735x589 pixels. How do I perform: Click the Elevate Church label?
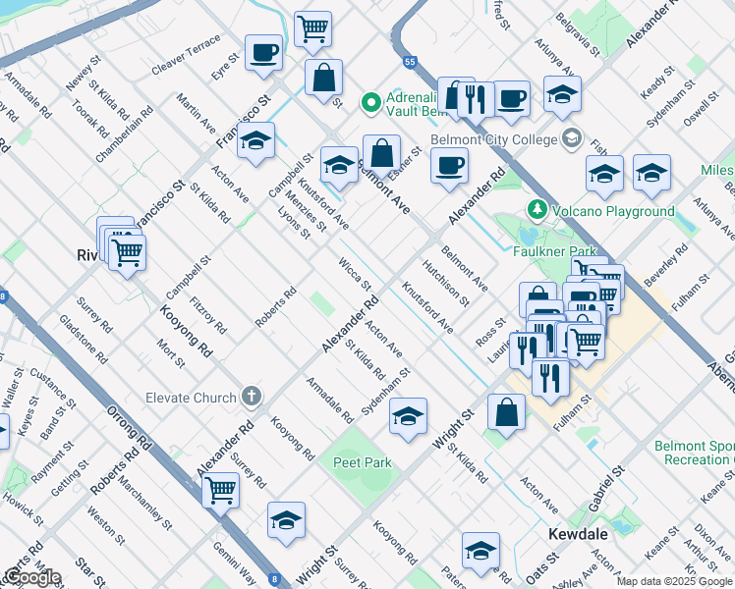[x=191, y=398]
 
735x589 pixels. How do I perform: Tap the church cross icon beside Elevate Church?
[x=252, y=398]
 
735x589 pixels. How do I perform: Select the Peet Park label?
[x=362, y=462]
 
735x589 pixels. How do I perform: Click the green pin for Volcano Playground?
[x=537, y=210]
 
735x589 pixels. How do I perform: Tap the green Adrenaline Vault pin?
[x=370, y=102]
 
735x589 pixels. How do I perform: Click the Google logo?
[x=31, y=577]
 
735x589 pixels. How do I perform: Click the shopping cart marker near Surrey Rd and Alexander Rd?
[x=221, y=487]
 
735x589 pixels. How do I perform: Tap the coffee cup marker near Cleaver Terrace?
[x=263, y=52]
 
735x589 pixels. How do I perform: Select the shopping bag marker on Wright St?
[x=506, y=412]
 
